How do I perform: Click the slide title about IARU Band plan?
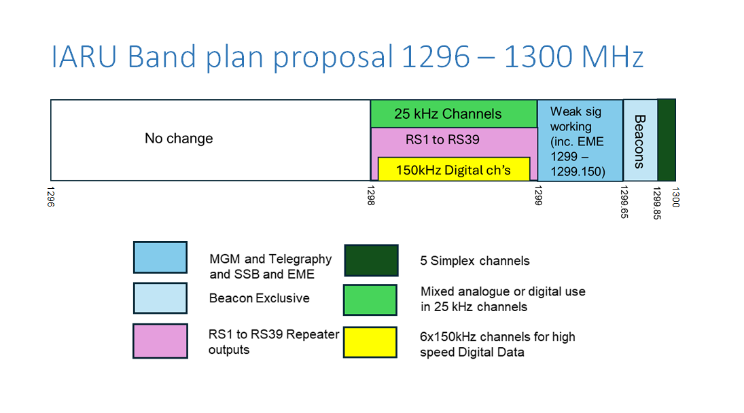point(347,58)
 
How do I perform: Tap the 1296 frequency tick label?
point(50,195)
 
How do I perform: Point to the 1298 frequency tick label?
point(370,195)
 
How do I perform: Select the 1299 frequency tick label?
point(537,195)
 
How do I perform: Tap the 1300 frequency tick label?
point(675,195)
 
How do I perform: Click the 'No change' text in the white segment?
point(179,139)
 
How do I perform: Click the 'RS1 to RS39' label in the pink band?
point(442,140)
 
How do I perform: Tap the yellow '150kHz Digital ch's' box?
point(453,170)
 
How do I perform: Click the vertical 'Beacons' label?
point(639,141)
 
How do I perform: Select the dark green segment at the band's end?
point(667,140)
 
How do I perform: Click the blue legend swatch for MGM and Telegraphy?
point(160,257)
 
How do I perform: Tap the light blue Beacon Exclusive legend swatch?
point(160,298)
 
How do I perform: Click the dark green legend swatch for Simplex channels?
point(370,259)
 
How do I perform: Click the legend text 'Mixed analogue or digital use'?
point(503,291)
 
